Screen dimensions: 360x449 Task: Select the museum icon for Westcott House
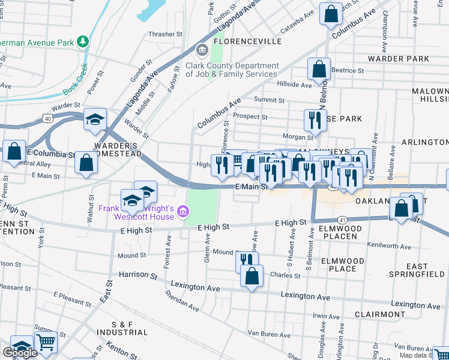(x=184, y=211)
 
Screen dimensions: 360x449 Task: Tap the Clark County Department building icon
(x=201, y=49)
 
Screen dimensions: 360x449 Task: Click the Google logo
(x=20, y=353)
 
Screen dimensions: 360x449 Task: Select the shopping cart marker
(x=46, y=342)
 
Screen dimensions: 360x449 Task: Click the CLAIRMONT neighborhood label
(x=379, y=314)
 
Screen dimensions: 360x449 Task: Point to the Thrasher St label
(x=165, y=35)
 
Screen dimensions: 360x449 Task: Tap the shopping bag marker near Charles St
(x=252, y=276)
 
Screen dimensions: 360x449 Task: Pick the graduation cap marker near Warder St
(x=95, y=119)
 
